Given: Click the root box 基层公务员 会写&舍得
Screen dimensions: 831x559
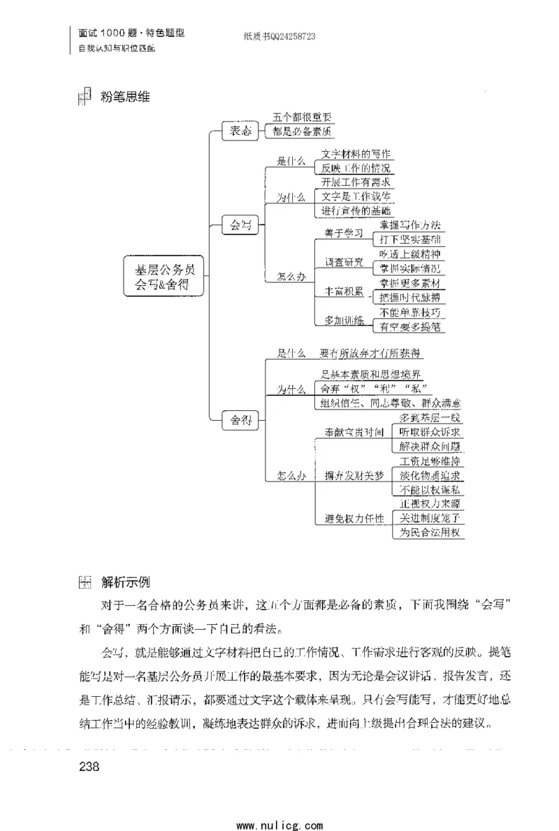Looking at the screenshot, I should [164, 276].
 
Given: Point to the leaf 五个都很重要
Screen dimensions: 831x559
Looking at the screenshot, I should [303, 118].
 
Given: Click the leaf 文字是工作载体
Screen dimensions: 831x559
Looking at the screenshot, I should [356, 196].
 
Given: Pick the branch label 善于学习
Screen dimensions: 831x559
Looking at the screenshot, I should [344, 233].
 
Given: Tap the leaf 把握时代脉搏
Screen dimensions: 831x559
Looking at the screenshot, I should [409, 297].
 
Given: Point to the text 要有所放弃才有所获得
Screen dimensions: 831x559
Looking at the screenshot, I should [371, 353].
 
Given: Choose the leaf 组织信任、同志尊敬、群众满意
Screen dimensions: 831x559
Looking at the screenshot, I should [391, 403].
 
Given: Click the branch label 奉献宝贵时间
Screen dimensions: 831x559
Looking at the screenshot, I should [355, 432].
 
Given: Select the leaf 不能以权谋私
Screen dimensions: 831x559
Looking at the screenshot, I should [429, 490].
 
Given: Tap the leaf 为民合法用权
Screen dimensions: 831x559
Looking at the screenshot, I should [429, 533].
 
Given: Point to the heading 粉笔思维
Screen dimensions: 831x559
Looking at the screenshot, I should [125, 97].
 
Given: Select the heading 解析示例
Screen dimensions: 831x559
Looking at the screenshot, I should [125, 581].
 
